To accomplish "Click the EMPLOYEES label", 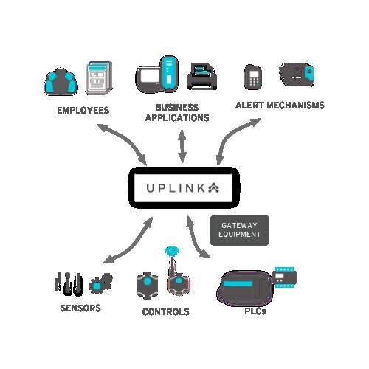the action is click(x=83, y=111).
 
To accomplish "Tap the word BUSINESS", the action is click(x=177, y=108).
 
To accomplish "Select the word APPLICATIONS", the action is click(x=177, y=118).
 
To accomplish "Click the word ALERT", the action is click(x=249, y=106).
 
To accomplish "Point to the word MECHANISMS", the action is click(x=295, y=106).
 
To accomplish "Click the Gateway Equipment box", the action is click(x=239, y=230).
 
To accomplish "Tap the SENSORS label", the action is click(x=80, y=308).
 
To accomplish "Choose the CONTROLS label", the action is click(x=166, y=312).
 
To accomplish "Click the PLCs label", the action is click(x=255, y=311).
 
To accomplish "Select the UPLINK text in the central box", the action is click(x=176, y=188).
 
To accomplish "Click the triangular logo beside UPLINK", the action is click(x=214, y=187).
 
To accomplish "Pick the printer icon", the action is click(x=202, y=76).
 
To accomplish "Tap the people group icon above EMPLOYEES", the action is click(x=61, y=81).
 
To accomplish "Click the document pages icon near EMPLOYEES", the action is click(x=99, y=77).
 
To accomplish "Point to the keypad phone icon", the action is click(x=252, y=77).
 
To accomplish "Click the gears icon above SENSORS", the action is click(x=100, y=283).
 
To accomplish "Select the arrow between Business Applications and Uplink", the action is click(x=182, y=146).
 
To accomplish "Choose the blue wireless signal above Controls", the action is click(x=172, y=252).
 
